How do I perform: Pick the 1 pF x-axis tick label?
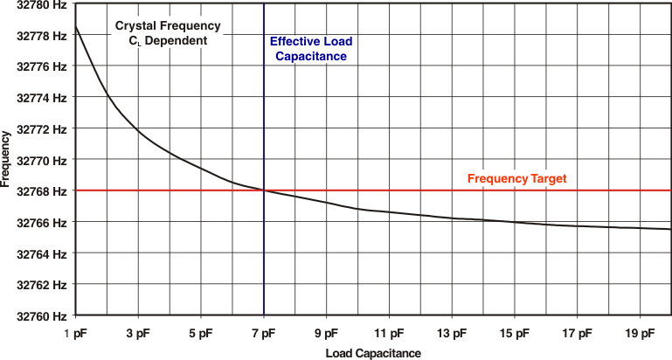[x=76, y=333]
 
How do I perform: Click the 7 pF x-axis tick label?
[x=264, y=333]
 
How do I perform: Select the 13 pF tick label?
[x=451, y=333]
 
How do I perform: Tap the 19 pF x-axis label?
[x=640, y=333]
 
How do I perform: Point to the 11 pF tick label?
[x=389, y=333]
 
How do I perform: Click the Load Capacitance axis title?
[x=373, y=353]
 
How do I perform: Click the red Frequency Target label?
[x=517, y=178]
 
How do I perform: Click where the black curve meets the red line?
[x=264, y=190]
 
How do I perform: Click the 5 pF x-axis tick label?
[x=201, y=333]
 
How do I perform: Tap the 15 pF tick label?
[x=514, y=333]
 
